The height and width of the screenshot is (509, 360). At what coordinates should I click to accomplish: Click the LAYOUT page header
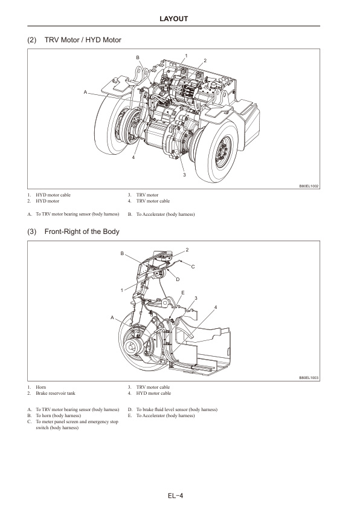pyautogui.click(x=179, y=19)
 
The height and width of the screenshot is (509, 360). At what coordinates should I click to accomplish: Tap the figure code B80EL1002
pyautogui.click(x=309, y=187)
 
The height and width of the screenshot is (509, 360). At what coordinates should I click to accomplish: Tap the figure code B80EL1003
pyautogui.click(x=309, y=378)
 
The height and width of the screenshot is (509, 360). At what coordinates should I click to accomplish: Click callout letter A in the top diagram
pyautogui.click(x=86, y=92)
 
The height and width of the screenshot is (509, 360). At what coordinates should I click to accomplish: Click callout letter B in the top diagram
pyautogui.click(x=138, y=57)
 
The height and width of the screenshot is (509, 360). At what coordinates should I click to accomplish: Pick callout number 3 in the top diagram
pyautogui.click(x=184, y=175)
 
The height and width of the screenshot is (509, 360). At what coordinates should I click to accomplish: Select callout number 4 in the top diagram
pyautogui.click(x=133, y=157)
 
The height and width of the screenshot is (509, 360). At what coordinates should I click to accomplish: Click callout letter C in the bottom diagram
pyautogui.click(x=193, y=267)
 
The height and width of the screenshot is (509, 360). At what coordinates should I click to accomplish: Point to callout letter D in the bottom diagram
pyautogui.click(x=178, y=279)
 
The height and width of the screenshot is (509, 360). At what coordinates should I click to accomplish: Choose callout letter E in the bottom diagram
pyautogui.click(x=182, y=292)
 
